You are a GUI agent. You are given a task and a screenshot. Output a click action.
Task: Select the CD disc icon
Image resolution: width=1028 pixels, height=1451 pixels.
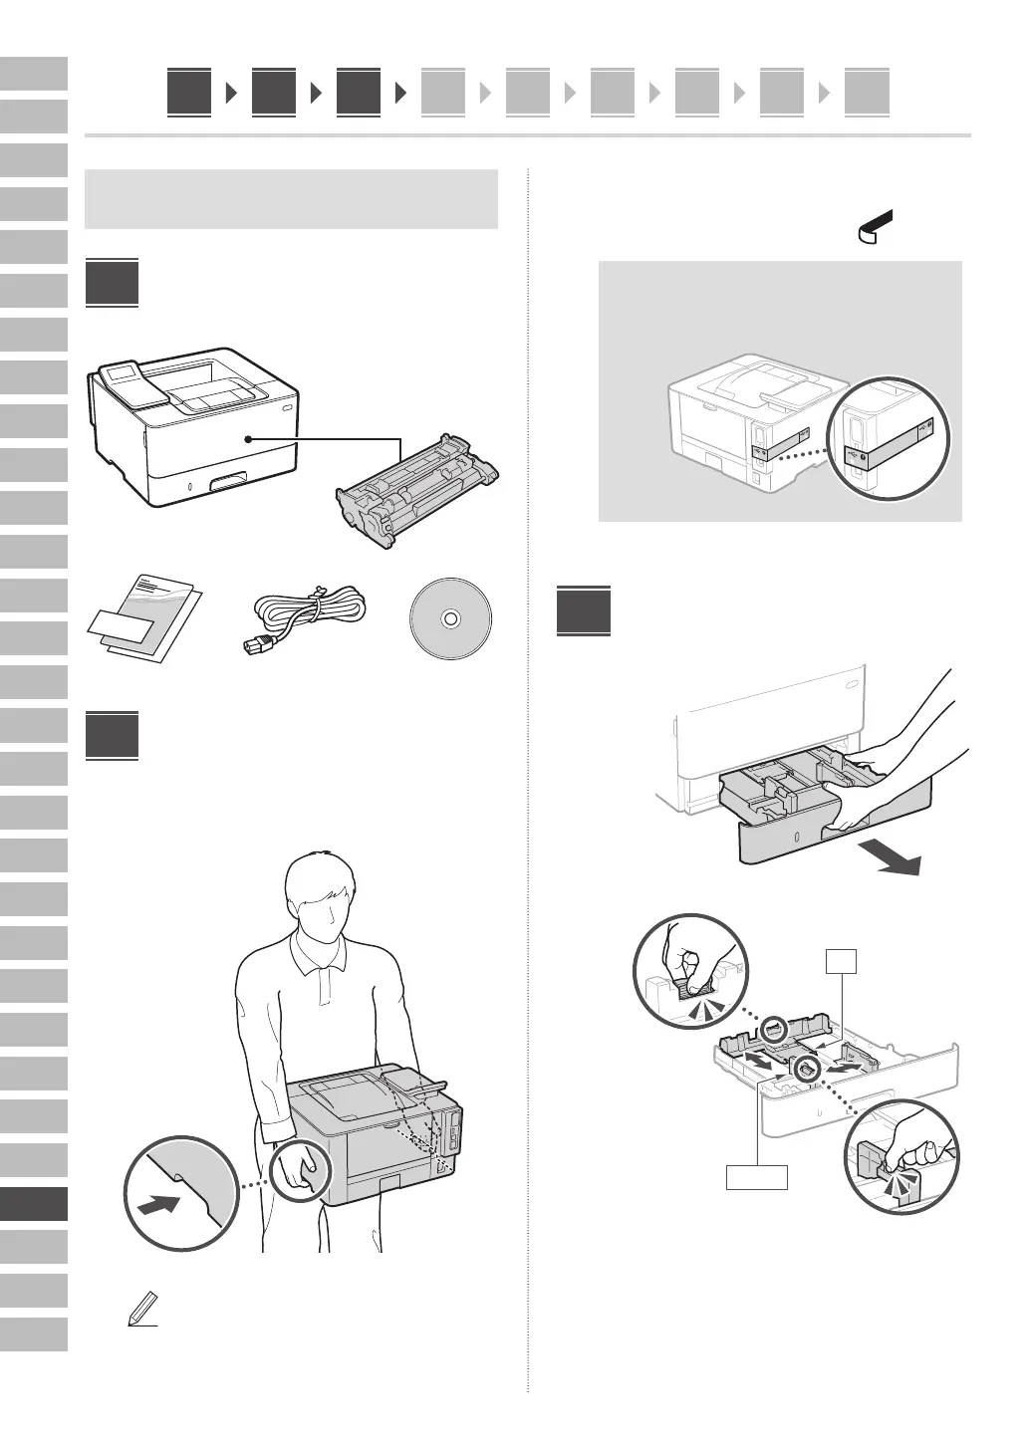point(450,618)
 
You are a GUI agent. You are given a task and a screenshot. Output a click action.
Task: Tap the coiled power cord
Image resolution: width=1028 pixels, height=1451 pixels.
point(304,617)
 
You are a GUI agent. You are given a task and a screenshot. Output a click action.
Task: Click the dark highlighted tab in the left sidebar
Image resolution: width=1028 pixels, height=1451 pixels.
point(34,1203)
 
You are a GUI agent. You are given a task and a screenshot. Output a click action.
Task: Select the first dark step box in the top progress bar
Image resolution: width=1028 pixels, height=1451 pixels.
point(189,92)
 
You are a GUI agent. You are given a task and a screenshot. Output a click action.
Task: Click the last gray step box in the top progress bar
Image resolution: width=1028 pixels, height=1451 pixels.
point(867,94)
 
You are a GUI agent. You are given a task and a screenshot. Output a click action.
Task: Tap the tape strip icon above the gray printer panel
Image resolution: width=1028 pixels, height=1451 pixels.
point(876,227)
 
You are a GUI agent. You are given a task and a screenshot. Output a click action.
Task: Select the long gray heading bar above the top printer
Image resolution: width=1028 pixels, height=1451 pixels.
point(292,199)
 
